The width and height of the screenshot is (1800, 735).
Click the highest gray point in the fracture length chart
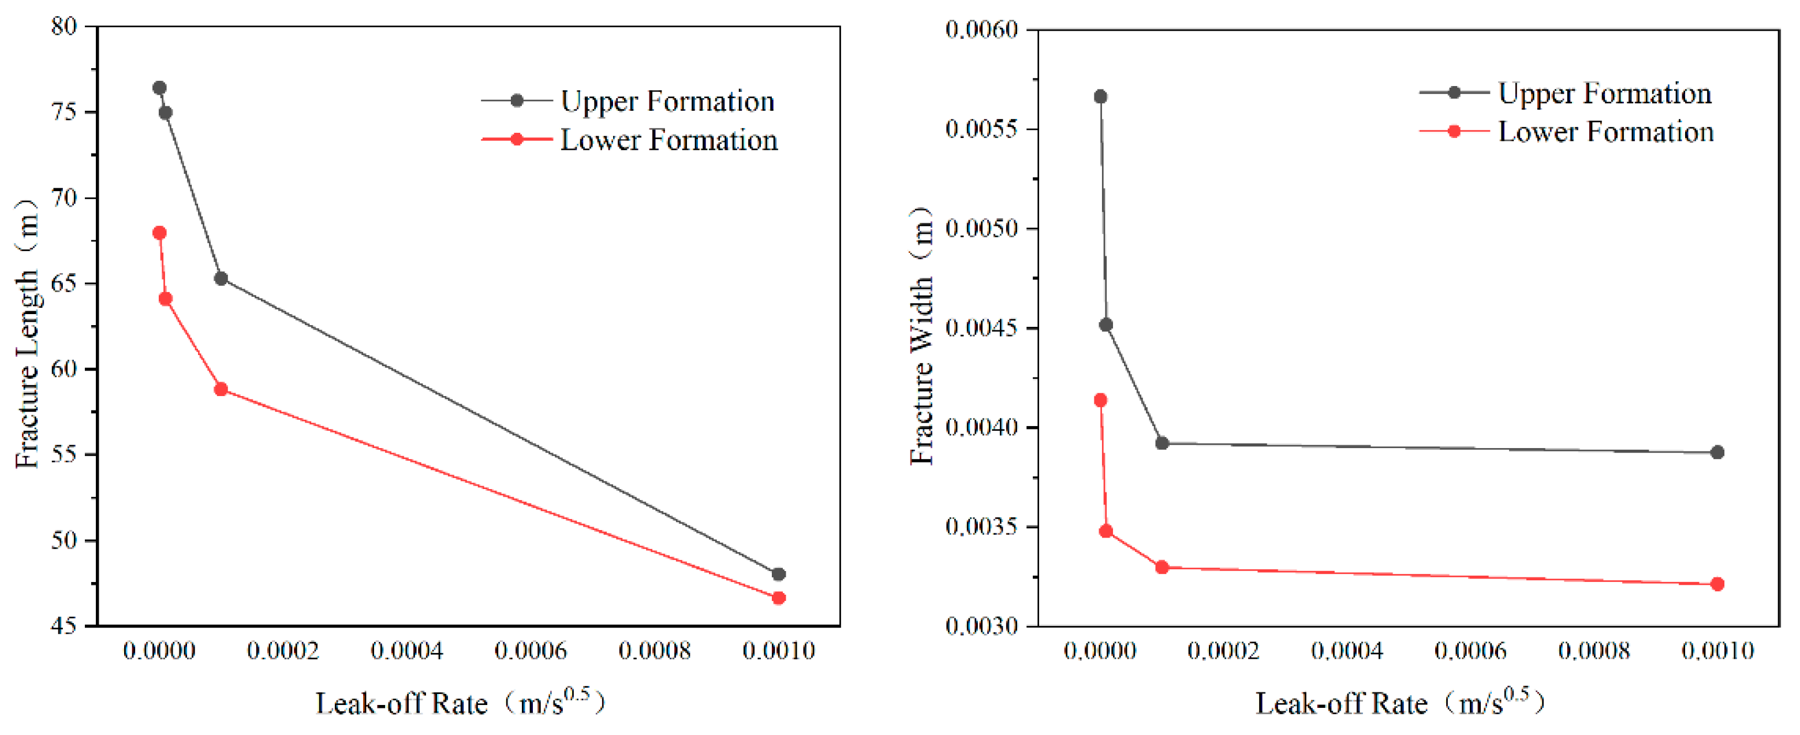(159, 88)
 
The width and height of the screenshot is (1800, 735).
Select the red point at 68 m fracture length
(159, 233)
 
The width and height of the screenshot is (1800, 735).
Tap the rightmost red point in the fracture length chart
(778, 598)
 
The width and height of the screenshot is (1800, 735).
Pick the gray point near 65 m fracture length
(221, 279)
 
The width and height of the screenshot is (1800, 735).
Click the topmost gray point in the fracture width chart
(1100, 96)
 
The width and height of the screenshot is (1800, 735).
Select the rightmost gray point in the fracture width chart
(1717, 453)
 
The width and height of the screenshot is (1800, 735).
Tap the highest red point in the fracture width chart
(1100, 400)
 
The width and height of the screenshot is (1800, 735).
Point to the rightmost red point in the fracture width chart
(1717, 584)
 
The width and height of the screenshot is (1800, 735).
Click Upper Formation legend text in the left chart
(667, 101)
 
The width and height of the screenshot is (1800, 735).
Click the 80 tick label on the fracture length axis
(64, 27)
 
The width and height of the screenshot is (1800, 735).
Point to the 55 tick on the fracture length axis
(64, 455)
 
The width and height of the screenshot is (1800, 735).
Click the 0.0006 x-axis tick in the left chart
(531, 651)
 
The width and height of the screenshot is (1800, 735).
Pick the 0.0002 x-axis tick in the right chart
(1223, 651)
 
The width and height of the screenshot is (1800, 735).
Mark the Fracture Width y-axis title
(921, 335)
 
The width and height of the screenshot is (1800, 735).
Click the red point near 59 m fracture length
(221, 389)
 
